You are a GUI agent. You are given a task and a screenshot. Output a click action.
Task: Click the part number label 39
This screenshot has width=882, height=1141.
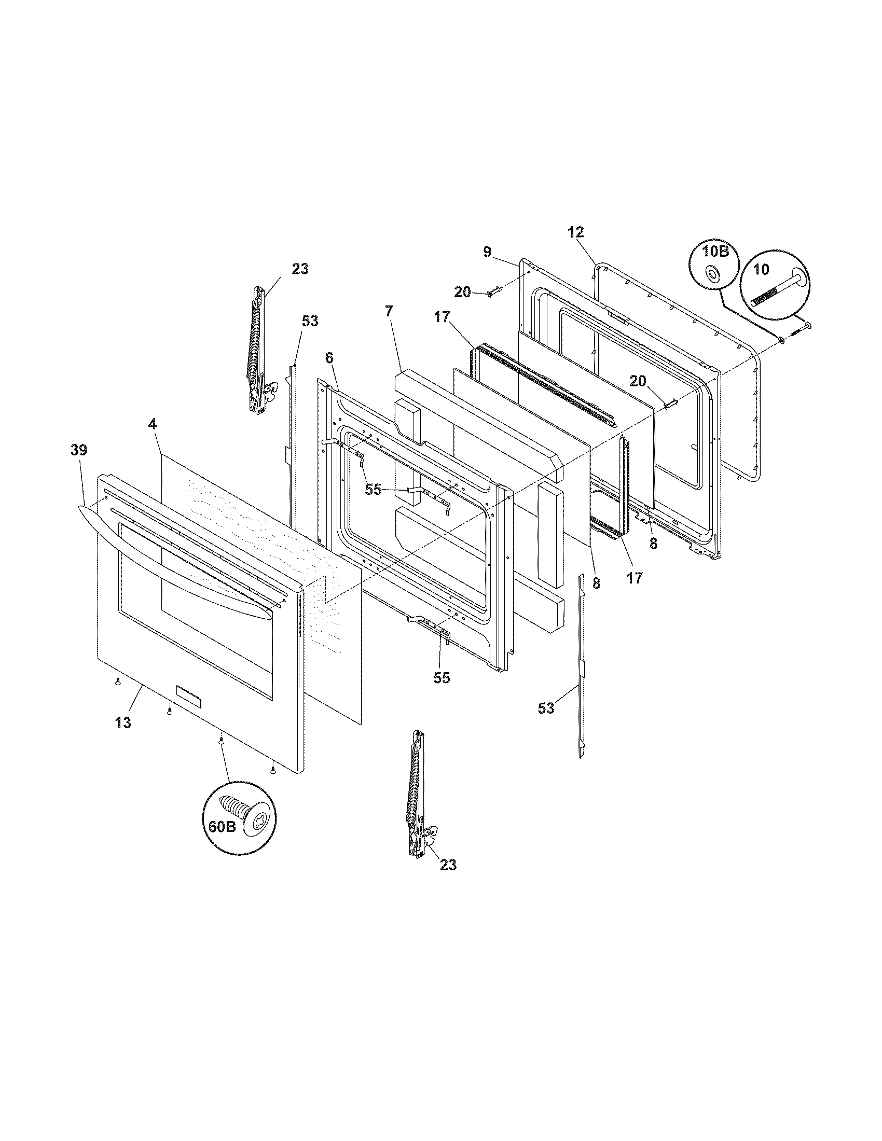coord(79,450)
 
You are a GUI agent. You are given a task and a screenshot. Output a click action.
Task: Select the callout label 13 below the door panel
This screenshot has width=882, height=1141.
coord(124,722)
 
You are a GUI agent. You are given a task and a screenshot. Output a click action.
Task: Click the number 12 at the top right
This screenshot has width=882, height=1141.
coord(576,232)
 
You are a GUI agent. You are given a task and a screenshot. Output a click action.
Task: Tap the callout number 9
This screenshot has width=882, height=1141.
coord(487,253)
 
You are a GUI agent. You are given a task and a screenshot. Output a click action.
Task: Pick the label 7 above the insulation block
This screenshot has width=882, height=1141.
coord(388,327)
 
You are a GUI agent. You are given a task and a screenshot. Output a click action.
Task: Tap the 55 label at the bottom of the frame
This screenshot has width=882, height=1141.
coord(442,678)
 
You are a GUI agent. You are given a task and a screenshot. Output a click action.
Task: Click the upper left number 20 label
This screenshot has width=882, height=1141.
coord(462,292)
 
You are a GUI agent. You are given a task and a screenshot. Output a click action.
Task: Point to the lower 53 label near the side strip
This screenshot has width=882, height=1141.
coord(546,708)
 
